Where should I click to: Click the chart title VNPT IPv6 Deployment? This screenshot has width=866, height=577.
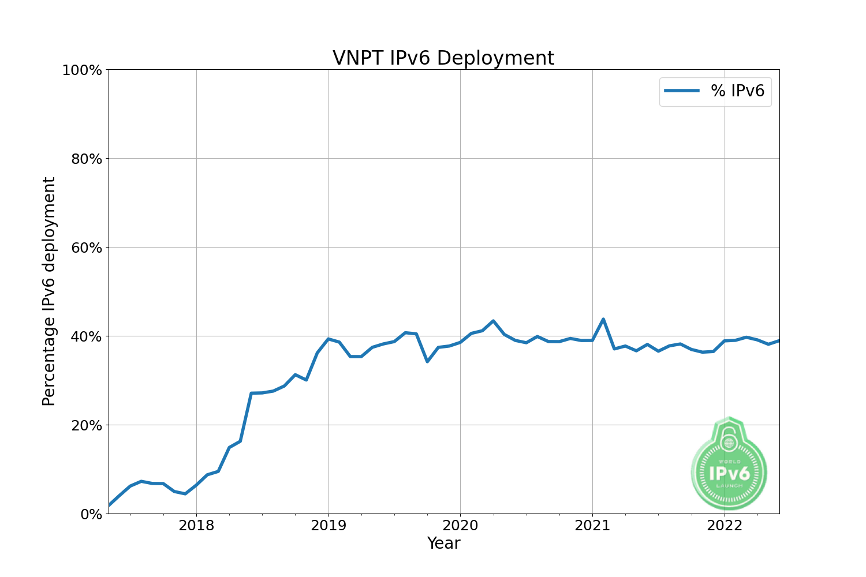coord(443,58)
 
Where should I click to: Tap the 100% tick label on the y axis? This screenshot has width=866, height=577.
coord(81,70)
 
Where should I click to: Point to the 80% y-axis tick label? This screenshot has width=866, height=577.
coord(86,159)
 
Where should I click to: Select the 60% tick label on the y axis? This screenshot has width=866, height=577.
coord(86,248)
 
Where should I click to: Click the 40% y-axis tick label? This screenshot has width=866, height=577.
coord(86,336)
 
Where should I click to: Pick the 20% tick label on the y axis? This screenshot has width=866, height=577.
coord(86,425)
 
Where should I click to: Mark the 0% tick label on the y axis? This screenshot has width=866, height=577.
coord(91,514)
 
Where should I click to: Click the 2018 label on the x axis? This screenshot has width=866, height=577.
coord(196,526)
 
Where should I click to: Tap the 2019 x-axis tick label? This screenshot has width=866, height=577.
coord(329,526)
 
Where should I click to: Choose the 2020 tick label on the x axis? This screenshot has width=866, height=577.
coord(460,526)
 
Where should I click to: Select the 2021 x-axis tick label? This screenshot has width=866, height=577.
coord(592,526)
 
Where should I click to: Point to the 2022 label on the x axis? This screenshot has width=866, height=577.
coord(725,526)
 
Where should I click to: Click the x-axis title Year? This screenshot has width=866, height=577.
coord(443,544)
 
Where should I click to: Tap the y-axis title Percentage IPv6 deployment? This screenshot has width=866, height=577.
coord(49,291)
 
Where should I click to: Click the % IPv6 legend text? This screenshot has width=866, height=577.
coord(737,91)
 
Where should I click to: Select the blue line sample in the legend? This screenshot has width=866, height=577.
coord(682,91)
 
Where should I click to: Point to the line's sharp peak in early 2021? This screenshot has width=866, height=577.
coord(603,319)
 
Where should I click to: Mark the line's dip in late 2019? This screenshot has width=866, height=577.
coord(427,361)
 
